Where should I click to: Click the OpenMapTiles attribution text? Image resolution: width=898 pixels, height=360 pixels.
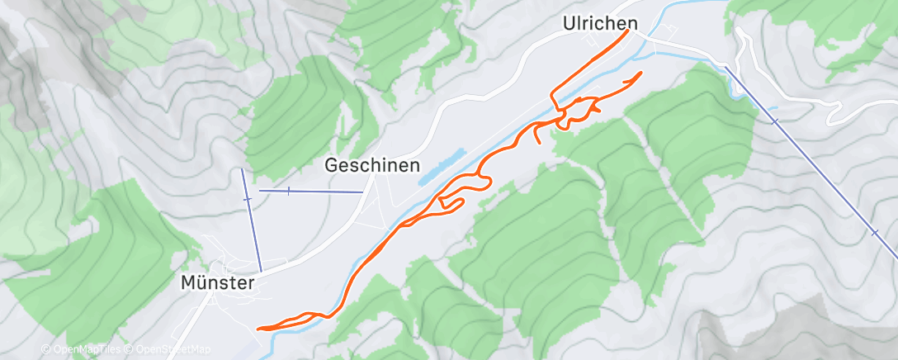click(x=87, y=349)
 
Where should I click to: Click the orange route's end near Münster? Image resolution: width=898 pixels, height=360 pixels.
click(x=260, y=329)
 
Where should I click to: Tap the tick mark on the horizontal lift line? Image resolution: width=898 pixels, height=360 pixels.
click(x=288, y=191)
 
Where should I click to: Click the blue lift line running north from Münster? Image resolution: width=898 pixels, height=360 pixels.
click(x=251, y=223)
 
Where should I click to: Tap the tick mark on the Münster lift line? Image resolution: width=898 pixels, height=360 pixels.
click(x=247, y=199)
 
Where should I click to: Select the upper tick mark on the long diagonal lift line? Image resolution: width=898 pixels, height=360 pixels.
click(x=774, y=121)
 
